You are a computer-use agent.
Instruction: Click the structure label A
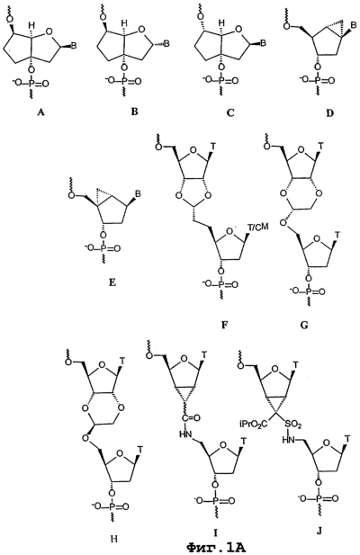click(41, 112)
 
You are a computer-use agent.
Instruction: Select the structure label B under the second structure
click(134, 112)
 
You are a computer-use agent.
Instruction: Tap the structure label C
click(230, 112)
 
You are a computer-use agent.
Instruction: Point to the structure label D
click(329, 113)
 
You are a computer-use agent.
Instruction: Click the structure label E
click(112, 282)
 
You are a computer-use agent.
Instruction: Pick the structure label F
click(224, 325)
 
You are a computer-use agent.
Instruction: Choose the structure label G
click(303, 325)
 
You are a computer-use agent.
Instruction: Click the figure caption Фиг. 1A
click(216, 549)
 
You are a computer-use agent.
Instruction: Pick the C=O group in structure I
click(191, 418)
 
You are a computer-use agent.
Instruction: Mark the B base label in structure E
click(139, 193)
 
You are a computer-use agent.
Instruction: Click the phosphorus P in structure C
click(221, 81)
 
